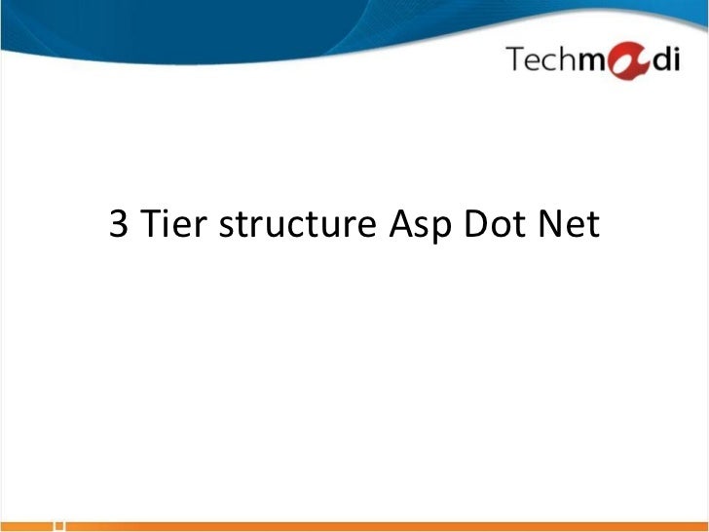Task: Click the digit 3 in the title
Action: [120, 226]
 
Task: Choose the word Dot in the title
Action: [497, 226]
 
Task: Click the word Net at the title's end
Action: [573, 226]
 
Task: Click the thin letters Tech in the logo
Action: [540, 60]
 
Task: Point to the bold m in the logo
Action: [589, 63]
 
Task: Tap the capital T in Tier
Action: [151, 226]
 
